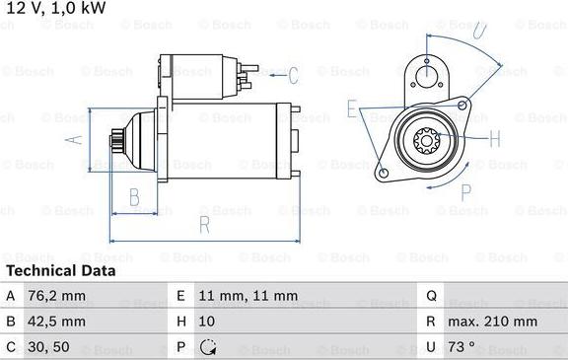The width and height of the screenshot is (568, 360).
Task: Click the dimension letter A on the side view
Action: tap(74, 140)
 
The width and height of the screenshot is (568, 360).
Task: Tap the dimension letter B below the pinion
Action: tap(134, 197)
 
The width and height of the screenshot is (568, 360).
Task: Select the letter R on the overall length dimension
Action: tap(205, 225)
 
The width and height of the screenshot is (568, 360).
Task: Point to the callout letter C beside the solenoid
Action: tap(293, 75)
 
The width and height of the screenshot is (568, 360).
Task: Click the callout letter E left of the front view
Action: tap(352, 108)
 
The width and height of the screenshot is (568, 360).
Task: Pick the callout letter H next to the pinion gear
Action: tap(495, 138)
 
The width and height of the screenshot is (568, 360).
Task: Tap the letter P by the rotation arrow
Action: tap(466, 192)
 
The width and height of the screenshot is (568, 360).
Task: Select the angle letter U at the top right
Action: tap(480, 30)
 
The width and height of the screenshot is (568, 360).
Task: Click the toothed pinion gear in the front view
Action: tap(426, 141)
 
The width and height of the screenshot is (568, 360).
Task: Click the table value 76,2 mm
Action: tap(56, 296)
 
